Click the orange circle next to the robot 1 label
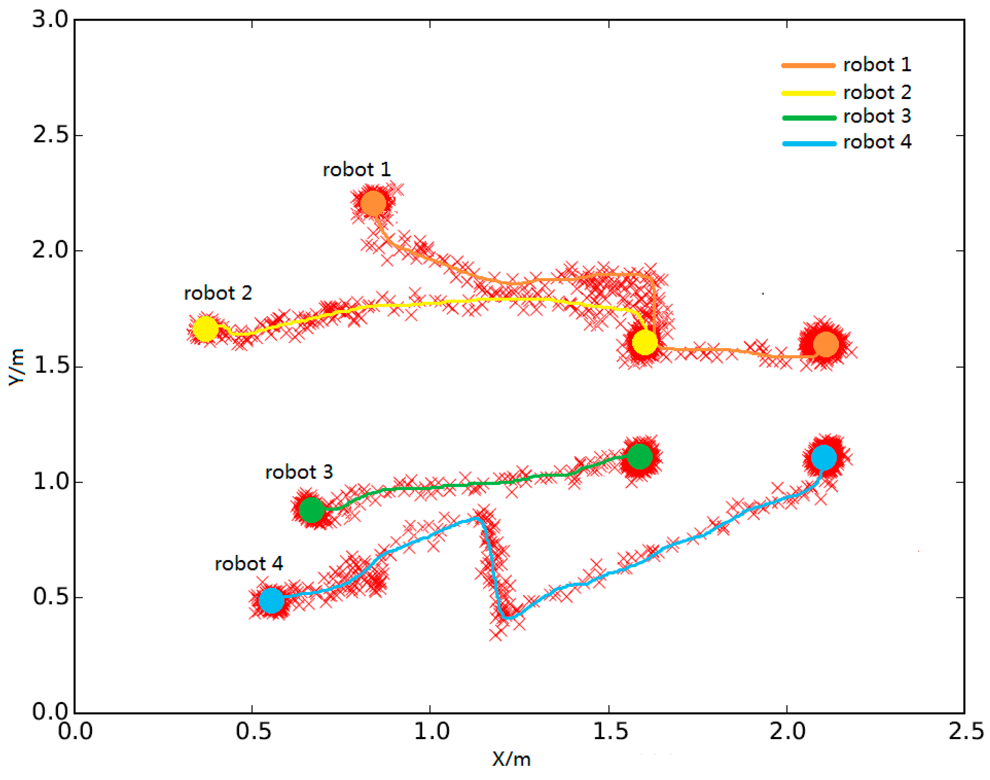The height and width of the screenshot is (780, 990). [x=373, y=203]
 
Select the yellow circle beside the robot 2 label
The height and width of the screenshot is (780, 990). [x=205, y=329]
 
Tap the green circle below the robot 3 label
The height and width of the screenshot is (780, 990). [x=311, y=509]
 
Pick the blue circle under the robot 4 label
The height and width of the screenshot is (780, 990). [x=271, y=600]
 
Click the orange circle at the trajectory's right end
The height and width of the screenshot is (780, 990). [x=826, y=344]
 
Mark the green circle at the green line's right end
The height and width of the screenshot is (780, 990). [x=640, y=456]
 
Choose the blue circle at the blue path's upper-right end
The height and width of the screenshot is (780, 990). [x=824, y=457]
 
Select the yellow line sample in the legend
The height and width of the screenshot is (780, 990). [x=809, y=93]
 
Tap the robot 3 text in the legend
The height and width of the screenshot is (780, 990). [x=877, y=116]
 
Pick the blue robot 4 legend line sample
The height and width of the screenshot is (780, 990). [x=809, y=143]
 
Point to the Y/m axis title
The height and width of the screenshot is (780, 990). [x=17, y=367]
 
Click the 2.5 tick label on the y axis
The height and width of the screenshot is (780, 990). [x=50, y=135]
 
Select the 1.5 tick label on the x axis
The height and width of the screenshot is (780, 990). [x=610, y=731]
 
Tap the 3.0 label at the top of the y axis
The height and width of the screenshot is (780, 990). [x=50, y=20]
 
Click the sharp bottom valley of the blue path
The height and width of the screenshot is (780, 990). [x=506, y=618]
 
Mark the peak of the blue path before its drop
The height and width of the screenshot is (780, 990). [x=477, y=518]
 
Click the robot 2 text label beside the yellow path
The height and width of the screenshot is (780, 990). [x=218, y=293]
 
